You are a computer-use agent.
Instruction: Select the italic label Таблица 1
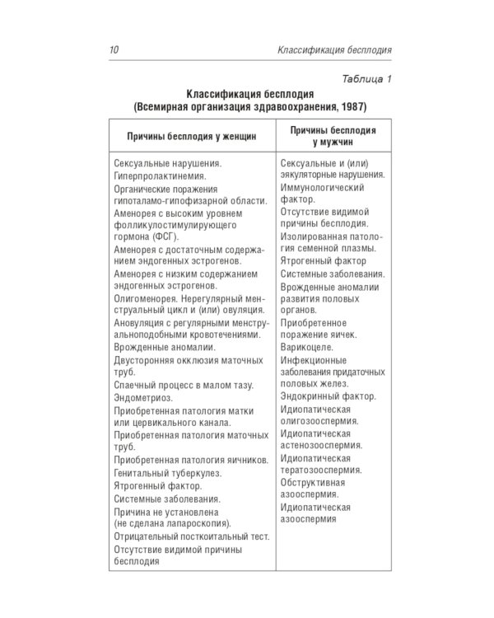pos(363,79)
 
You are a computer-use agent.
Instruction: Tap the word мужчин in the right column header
pos(333,143)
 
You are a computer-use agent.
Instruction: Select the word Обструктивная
pos(313,482)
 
